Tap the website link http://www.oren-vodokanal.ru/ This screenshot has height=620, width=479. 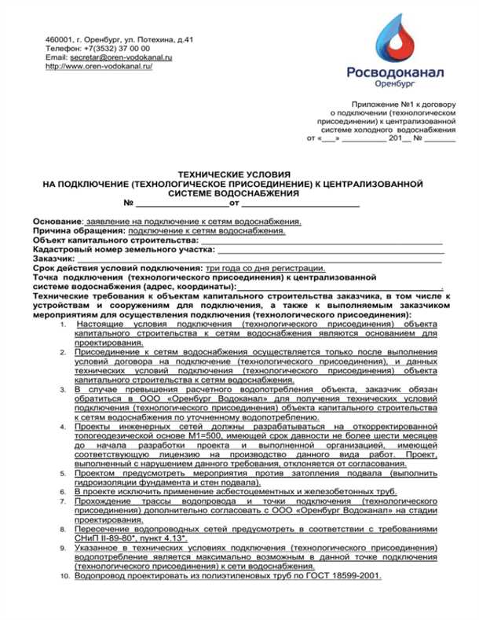(99, 67)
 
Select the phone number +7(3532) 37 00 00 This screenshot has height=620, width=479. (115, 48)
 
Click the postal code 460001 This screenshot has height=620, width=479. (59, 39)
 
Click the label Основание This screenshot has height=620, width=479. (57, 222)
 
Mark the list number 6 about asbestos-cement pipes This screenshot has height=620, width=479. (64, 491)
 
